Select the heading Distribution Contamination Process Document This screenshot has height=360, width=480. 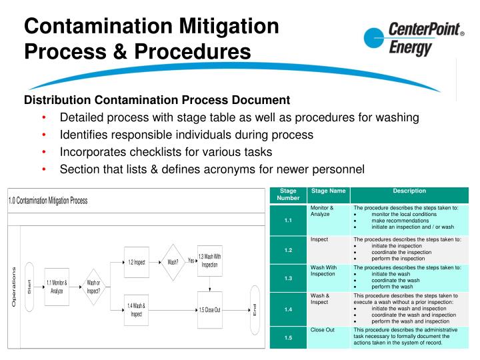coord(157,100)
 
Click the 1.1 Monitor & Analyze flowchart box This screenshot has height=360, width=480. coord(57,287)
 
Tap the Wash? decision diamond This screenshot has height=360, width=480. coord(173,261)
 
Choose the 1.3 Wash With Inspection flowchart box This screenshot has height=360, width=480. coord(210,261)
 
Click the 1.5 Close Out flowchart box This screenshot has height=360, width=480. coord(210,310)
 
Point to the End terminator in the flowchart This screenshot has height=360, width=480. coord(255,309)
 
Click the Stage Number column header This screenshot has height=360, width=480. coord(287,195)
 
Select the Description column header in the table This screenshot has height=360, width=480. coord(409,191)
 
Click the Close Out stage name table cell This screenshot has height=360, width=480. coord(322,330)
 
